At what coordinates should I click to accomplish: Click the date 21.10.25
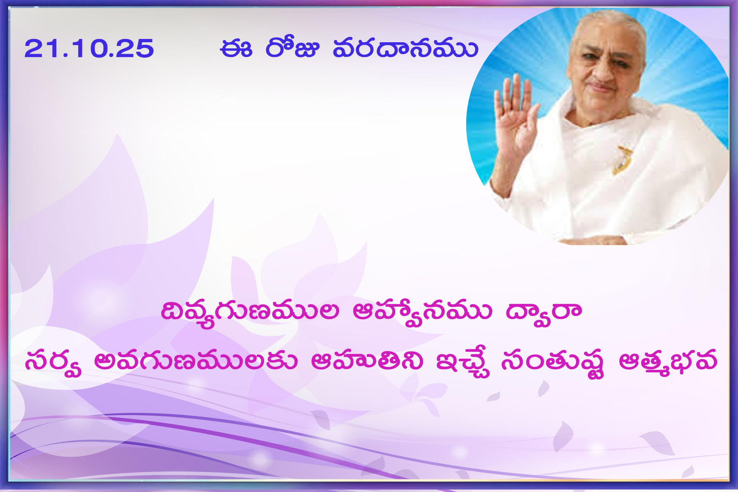click(x=89, y=48)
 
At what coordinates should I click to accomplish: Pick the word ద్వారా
click(x=544, y=312)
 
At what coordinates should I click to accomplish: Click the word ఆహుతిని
click(x=367, y=361)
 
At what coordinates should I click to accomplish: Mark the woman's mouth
click(x=601, y=88)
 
